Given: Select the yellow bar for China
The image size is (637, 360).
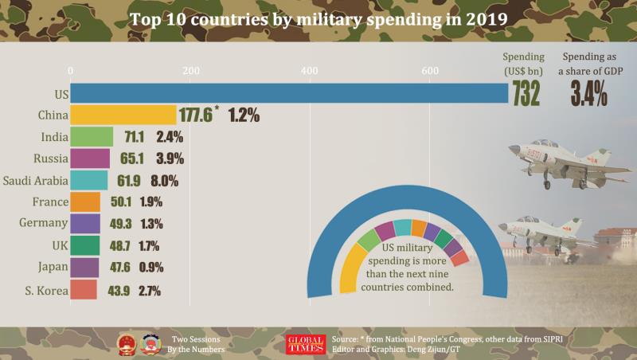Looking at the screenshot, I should pyautogui.click(x=123, y=115).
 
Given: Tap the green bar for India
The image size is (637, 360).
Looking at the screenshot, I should pyautogui.click(x=92, y=136).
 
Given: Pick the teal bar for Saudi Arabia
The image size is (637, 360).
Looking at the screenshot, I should pyautogui.click(x=89, y=180).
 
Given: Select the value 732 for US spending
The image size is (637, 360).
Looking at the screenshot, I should pyautogui.click(x=526, y=94).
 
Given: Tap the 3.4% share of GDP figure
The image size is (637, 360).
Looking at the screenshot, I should pyautogui.click(x=589, y=94).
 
